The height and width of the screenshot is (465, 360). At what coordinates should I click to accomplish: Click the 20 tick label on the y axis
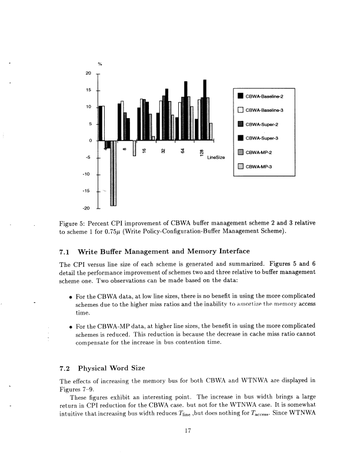point(88,73)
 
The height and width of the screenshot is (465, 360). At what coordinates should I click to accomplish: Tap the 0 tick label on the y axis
point(90,140)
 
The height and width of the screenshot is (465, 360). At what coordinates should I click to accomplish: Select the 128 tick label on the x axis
point(202,152)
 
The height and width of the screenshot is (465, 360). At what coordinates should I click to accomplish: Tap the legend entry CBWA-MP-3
point(257,166)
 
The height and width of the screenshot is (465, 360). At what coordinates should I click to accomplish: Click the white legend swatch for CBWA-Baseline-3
point(240,110)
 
